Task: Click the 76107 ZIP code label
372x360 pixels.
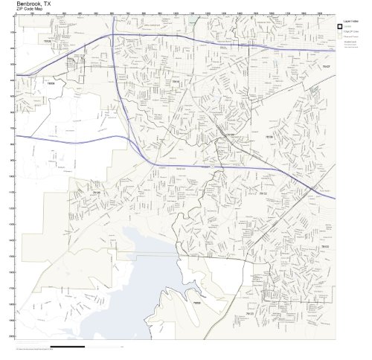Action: coord(324,66)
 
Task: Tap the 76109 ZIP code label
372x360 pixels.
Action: coord(269,138)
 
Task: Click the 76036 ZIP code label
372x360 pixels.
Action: coord(196,303)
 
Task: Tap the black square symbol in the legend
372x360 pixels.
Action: coord(340,28)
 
